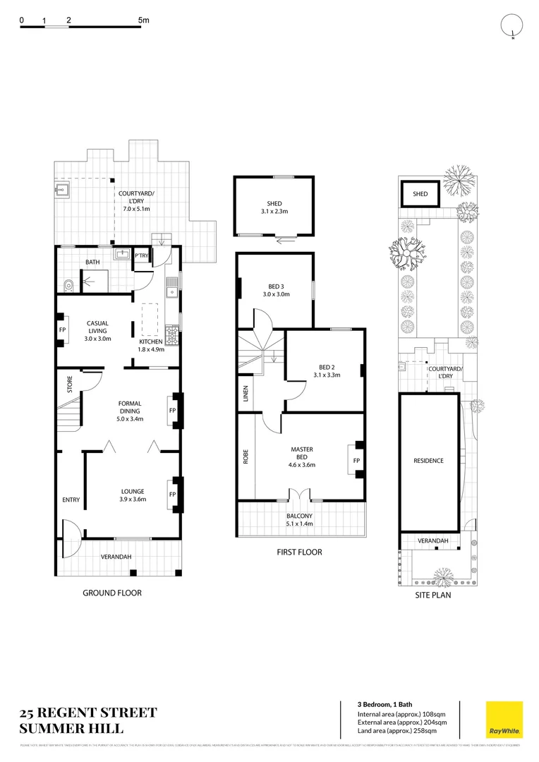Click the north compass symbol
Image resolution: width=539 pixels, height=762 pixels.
[x=512, y=26]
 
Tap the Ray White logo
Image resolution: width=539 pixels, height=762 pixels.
[x=504, y=719]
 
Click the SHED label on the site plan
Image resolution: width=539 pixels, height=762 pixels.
[x=420, y=194]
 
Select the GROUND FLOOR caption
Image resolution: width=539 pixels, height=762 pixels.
[x=112, y=593]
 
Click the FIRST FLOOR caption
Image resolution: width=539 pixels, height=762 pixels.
[x=299, y=552]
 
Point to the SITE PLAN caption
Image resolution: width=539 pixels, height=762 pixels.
[x=432, y=595]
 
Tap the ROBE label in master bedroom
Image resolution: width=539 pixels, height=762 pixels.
[x=246, y=456]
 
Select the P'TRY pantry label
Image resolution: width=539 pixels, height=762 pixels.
[x=142, y=256]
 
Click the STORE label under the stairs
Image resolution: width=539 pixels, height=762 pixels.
[x=70, y=385]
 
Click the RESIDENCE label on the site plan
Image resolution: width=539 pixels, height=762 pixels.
[x=428, y=461]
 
